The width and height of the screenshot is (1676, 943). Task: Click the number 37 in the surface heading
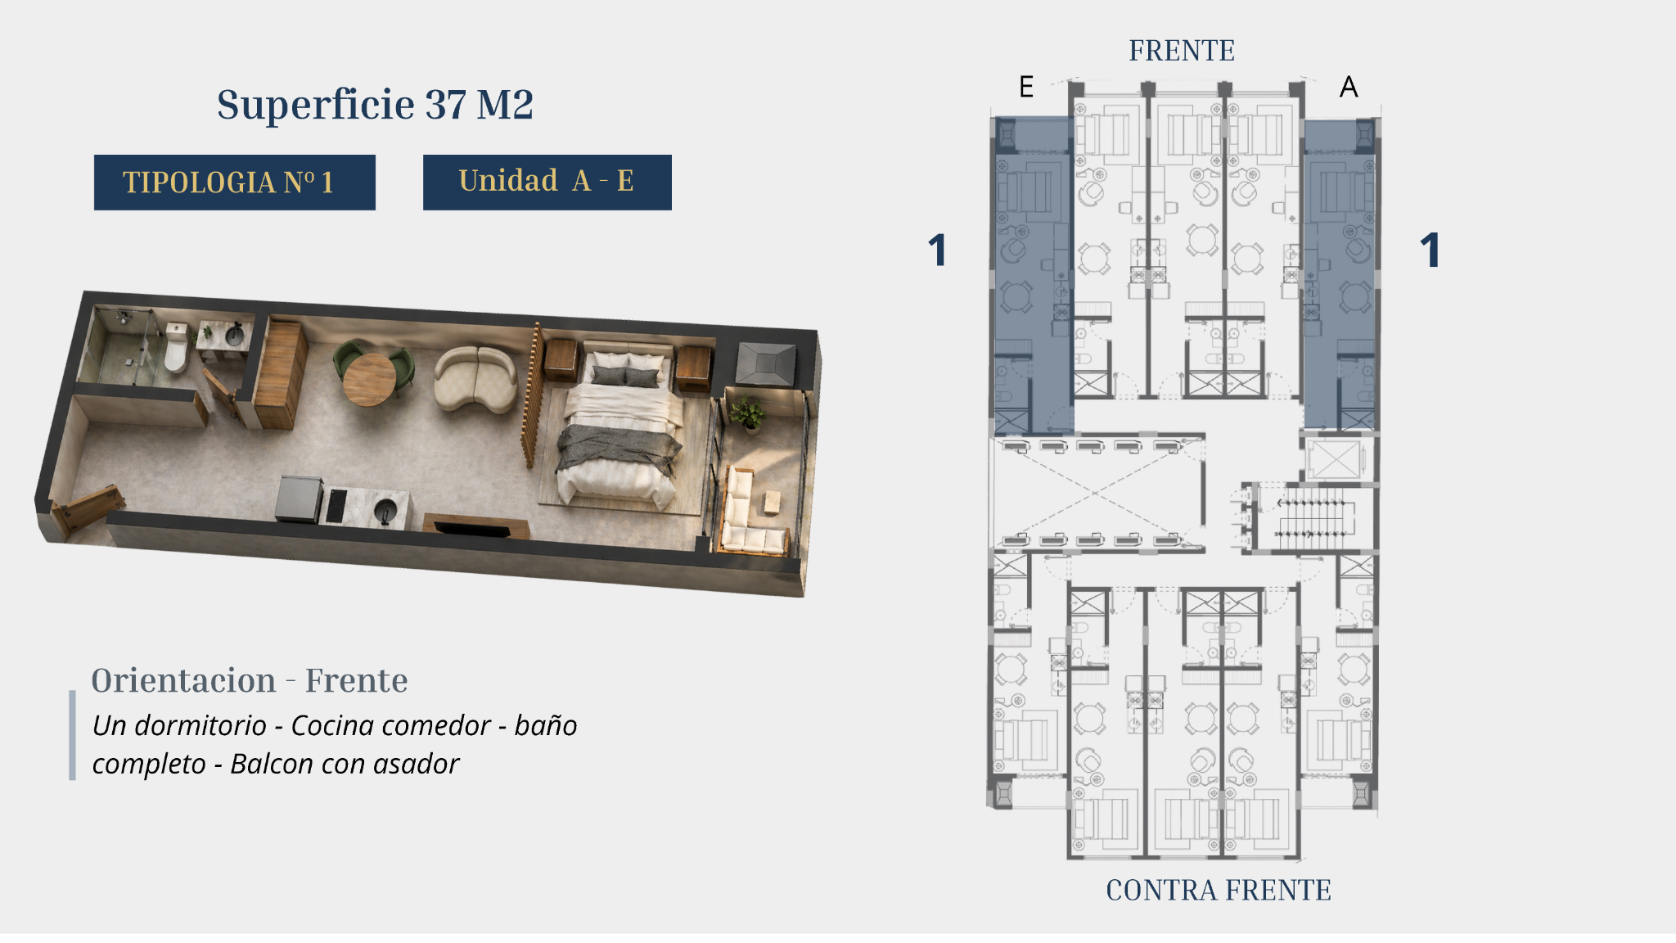[x=446, y=105]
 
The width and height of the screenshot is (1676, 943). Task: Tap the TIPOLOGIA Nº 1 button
[x=234, y=183]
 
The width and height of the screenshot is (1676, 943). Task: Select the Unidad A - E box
[x=547, y=182]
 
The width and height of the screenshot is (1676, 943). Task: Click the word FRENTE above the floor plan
[x=1182, y=51]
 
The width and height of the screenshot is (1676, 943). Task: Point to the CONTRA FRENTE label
[x=1219, y=890]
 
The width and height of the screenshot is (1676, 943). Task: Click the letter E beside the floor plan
[x=1026, y=87]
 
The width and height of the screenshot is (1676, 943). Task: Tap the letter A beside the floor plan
[x=1349, y=87]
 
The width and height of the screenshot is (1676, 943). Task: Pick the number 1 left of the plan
[x=938, y=250]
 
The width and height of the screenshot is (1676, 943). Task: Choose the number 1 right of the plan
[x=1430, y=250]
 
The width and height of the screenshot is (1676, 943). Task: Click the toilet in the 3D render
[x=176, y=347]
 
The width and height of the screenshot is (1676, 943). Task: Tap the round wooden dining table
[x=369, y=379]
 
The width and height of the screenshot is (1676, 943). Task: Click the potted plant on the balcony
[x=747, y=413]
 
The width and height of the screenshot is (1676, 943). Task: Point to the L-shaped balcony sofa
[x=749, y=514]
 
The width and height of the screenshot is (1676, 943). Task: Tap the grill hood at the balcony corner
[x=765, y=363]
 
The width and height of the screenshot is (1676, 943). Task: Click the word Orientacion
[x=183, y=680]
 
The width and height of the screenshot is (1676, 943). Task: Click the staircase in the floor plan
[x=1311, y=517]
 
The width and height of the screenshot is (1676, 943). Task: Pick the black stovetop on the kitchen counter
[x=336, y=505]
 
